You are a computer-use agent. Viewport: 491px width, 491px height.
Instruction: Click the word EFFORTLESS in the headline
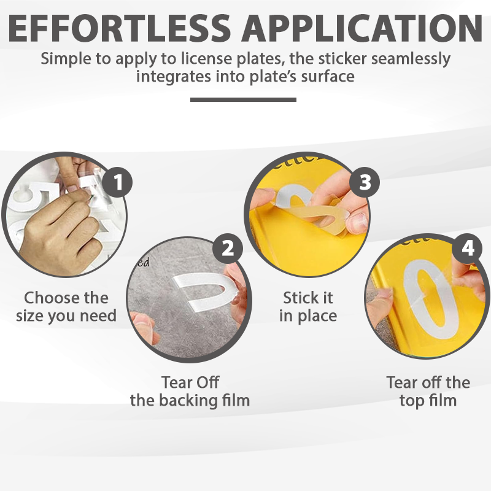(x=119, y=28)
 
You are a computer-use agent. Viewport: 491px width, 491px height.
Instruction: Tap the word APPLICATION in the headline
(x=362, y=28)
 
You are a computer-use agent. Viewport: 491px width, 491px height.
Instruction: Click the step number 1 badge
(x=117, y=182)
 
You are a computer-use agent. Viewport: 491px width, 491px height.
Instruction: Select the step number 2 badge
(x=228, y=249)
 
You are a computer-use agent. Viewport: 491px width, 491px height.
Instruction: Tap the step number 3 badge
(x=365, y=182)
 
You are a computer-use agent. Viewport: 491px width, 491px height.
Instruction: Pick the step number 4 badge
(x=468, y=249)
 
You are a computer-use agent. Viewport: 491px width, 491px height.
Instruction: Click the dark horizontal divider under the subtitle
(x=243, y=99)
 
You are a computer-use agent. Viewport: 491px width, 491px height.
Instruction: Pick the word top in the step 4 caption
(x=411, y=401)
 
